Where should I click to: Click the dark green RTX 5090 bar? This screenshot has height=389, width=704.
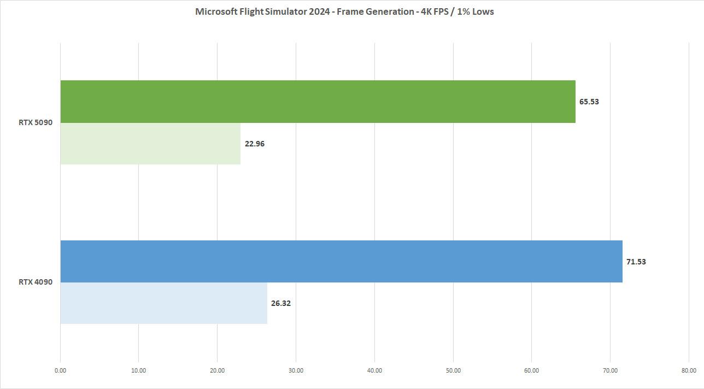click(318, 102)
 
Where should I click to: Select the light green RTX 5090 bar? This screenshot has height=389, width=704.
click(150, 144)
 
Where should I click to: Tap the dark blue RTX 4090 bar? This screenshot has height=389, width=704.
click(341, 261)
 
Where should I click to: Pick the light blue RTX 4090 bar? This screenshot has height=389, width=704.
click(163, 303)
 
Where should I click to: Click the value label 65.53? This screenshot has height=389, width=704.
click(589, 102)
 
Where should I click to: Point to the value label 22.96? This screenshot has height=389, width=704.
click(255, 144)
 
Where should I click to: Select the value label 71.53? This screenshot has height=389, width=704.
click(636, 262)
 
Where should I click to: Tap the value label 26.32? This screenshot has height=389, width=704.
click(281, 303)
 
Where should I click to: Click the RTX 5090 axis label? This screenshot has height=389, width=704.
click(36, 122)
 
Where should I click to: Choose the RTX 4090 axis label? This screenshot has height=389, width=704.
click(36, 282)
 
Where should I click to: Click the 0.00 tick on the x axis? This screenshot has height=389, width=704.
click(60, 370)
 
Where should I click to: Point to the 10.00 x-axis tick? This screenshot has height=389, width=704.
click(139, 370)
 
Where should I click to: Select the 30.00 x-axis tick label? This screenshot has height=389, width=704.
click(296, 370)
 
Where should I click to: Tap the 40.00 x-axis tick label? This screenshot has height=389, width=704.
click(374, 370)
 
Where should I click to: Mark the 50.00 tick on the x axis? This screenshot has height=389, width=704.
click(453, 370)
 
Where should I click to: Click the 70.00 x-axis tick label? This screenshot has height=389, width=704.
click(610, 370)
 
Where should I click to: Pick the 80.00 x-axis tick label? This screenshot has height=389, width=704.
click(689, 370)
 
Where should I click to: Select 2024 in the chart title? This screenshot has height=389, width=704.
click(319, 11)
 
